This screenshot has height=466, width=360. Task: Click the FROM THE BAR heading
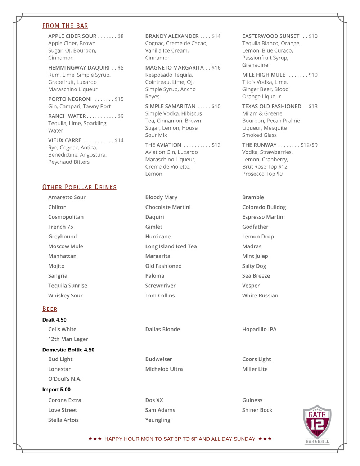(65, 26)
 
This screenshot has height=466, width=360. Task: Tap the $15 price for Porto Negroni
(119, 99)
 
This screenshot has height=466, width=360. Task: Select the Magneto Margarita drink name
(174, 68)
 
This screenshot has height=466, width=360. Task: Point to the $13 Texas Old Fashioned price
(313, 106)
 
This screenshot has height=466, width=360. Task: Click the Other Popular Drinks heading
(80, 187)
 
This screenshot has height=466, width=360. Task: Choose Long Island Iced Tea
(171, 246)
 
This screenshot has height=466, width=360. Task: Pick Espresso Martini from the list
(264, 217)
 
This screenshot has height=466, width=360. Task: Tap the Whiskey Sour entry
(66, 295)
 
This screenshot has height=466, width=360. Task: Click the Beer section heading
(50, 309)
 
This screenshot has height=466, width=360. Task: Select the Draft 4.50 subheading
(54, 320)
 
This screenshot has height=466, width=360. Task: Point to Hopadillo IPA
(259, 329)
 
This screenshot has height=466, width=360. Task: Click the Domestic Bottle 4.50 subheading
(68, 350)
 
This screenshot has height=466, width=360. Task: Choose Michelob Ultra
(164, 369)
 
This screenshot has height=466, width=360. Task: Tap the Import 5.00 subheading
(57, 390)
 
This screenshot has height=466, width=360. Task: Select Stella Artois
(63, 420)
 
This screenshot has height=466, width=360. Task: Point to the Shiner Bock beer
(257, 410)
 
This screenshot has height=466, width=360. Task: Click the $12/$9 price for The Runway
(309, 145)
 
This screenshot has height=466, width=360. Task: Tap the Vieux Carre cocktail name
(65, 140)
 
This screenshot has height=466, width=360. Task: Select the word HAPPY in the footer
(114, 439)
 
